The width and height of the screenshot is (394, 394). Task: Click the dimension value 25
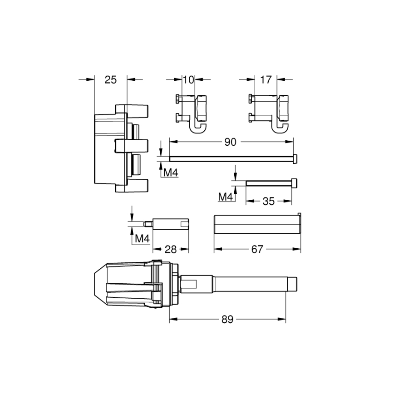(110, 80)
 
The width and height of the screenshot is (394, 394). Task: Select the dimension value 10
(188, 80)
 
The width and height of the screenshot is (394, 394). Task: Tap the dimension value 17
(266, 80)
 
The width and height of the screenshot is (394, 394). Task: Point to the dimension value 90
(231, 142)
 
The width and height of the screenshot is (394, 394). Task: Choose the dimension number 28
(171, 249)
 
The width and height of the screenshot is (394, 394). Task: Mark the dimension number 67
(257, 249)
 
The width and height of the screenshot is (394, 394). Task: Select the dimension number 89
(228, 320)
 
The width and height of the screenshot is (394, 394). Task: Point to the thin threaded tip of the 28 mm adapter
(148, 223)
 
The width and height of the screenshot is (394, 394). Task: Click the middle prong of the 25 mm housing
(132, 146)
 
